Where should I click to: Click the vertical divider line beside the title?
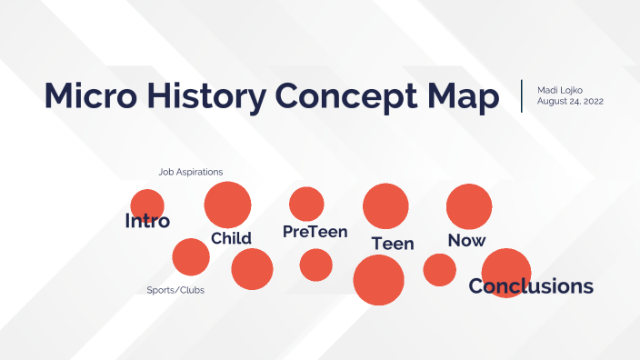click(x=522, y=95)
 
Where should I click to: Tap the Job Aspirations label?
click(x=190, y=171)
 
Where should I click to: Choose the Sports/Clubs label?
click(x=175, y=290)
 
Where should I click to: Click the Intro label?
click(x=147, y=221)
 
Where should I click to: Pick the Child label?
click(x=231, y=238)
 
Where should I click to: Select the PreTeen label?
click(x=315, y=232)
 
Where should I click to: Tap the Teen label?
click(x=393, y=244)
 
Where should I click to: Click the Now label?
click(x=466, y=240)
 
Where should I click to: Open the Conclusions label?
click(x=531, y=286)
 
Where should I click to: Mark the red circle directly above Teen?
click(x=386, y=205)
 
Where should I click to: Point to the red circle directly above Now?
click(x=469, y=205)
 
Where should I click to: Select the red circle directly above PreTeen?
click(x=306, y=204)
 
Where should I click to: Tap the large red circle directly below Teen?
click(x=378, y=280)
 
